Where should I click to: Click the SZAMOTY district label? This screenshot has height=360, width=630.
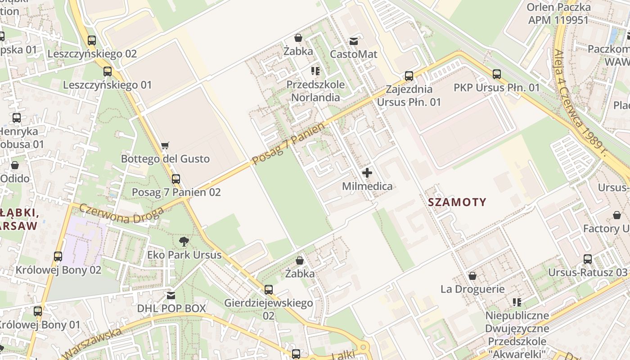tap(457, 202)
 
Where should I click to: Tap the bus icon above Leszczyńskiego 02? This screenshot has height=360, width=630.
tap(92, 40)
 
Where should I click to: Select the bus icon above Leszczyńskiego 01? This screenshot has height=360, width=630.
tap(108, 71)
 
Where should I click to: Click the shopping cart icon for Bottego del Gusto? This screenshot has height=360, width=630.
tap(165, 145)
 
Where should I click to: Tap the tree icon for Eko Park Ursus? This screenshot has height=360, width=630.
tap(184, 242)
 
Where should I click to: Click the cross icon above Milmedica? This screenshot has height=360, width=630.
tap(367, 173)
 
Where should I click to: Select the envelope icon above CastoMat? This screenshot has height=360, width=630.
tap(354, 41)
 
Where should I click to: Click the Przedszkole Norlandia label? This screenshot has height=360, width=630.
tap(315, 91)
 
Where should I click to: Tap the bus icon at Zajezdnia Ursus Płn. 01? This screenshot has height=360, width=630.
tap(409, 76)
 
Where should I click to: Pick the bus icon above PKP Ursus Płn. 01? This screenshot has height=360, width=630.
tap(496, 74)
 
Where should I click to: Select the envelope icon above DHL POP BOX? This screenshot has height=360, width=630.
tap(171, 295)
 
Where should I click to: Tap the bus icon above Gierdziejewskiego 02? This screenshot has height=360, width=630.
tap(269, 289)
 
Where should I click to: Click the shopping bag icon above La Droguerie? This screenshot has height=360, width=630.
tap(472, 275)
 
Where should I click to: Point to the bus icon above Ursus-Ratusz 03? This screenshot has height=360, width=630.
tap(588, 259)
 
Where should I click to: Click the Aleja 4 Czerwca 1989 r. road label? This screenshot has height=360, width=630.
tap(580, 103)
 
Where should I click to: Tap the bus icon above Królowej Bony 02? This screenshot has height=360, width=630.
tap(58, 256)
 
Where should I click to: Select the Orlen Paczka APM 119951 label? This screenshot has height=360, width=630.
tap(558, 13)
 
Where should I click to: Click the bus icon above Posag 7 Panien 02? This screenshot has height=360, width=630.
tap(176, 179)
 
